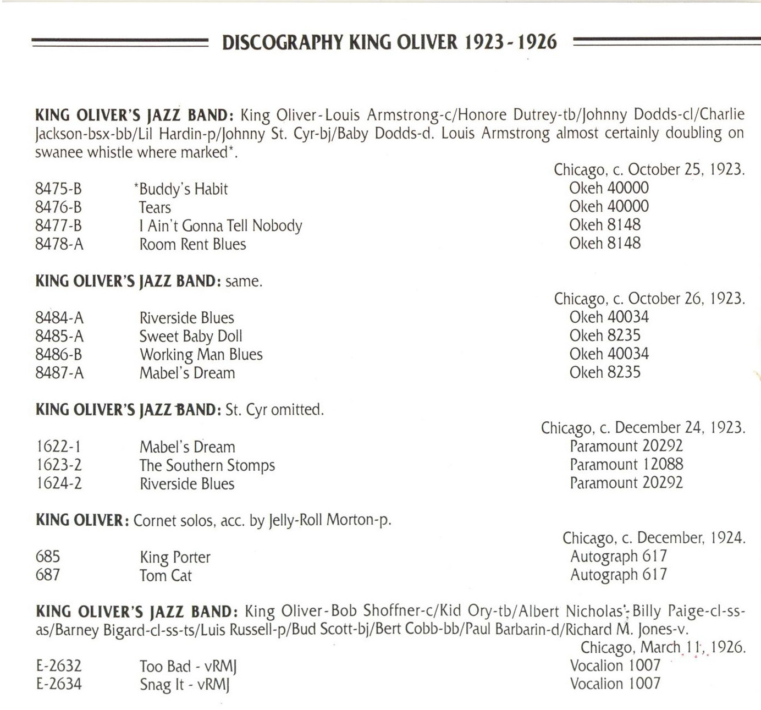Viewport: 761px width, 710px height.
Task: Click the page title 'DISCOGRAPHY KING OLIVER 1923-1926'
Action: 389,42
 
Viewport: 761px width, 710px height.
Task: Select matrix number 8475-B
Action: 58,189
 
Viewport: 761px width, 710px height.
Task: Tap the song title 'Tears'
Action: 155,207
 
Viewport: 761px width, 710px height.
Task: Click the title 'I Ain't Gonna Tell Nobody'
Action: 220,226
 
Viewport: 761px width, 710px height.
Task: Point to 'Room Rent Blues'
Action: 192,244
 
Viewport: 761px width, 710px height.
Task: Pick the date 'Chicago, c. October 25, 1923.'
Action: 649,169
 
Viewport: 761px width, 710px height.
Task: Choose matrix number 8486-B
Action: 58,355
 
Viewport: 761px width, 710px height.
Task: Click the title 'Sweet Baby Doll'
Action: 190,336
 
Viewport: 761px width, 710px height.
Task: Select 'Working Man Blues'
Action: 201,355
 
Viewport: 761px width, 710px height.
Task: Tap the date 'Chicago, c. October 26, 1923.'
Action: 649,299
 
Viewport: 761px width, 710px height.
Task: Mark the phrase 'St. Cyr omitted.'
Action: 274,410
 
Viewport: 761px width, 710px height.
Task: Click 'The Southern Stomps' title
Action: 207,465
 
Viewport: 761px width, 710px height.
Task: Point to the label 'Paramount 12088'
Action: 626,464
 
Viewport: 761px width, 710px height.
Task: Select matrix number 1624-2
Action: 58,484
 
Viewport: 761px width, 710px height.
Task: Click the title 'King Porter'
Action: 175,557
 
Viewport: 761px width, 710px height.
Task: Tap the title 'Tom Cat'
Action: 165,576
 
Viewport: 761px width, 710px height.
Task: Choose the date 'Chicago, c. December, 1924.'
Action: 653,538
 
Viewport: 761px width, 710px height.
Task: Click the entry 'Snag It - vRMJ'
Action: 184,685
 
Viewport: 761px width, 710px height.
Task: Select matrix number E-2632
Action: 58,666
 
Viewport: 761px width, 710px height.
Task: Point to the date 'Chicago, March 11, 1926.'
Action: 663,647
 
